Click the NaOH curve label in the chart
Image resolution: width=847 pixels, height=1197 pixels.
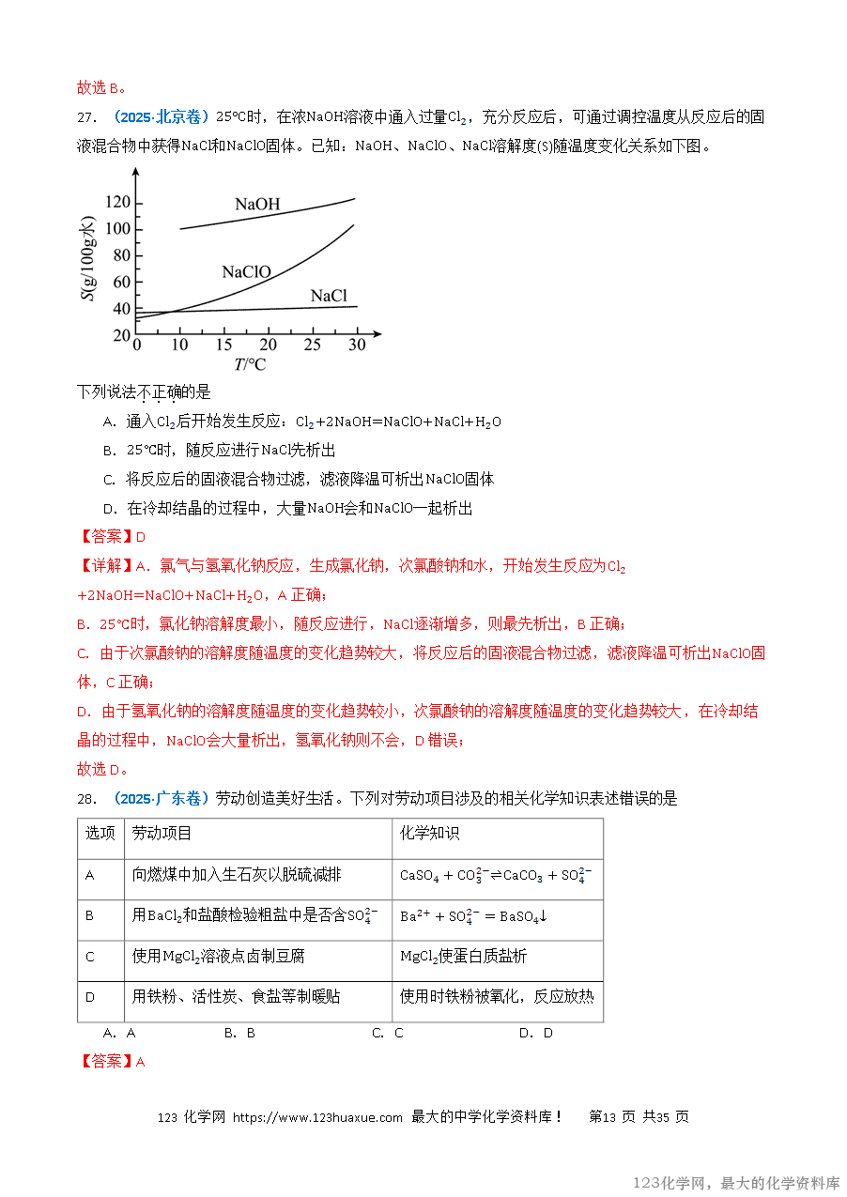(x=257, y=205)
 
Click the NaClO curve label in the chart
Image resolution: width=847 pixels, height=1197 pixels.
(x=246, y=272)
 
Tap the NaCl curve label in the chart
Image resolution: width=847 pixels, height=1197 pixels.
(x=329, y=297)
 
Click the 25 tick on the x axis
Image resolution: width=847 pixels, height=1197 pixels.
(x=312, y=345)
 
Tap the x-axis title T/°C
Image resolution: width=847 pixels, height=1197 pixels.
(x=250, y=364)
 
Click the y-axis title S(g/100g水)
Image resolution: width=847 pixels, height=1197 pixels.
(x=88, y=259)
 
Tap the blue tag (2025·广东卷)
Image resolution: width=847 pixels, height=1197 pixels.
(x=162, y=799)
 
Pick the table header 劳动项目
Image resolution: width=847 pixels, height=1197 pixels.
(x=162, y=834)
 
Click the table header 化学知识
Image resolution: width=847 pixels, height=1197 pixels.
(x=430, y=834)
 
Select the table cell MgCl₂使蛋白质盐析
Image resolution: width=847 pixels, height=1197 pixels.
(x=463, y=957)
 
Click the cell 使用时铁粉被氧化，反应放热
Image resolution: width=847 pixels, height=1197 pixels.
(x=497, y=997)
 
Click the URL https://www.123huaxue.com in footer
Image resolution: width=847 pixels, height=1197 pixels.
(x=317, y=1117)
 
